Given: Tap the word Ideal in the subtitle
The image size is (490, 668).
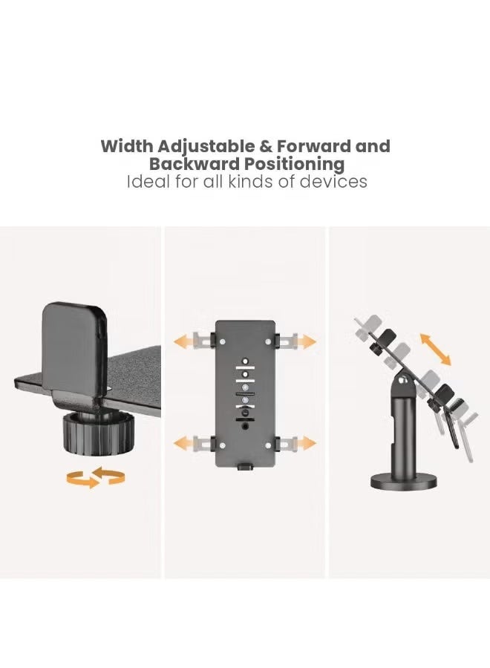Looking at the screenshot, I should pos(148,181).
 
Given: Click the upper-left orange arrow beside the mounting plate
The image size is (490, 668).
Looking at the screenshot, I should pos(185,341).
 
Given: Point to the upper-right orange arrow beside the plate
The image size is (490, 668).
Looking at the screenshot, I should pos(304,341).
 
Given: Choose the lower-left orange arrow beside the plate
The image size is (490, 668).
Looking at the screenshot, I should pos(185,443).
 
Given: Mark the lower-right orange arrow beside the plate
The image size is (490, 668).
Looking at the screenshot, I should pos(304,443).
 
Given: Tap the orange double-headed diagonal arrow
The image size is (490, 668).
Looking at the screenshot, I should pos(436,348).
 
